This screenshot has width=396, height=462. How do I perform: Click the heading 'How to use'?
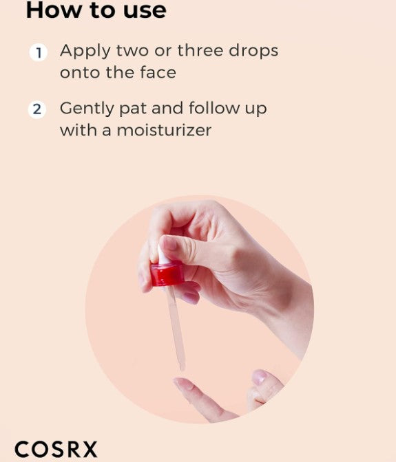96,10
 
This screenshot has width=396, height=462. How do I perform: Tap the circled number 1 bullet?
39,52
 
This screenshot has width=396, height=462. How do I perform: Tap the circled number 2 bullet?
37,109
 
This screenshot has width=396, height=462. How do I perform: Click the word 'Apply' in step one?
85,51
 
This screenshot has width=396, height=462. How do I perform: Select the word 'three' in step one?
200,50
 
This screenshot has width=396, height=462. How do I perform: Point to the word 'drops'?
253,51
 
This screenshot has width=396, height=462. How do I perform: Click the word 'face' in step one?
158,72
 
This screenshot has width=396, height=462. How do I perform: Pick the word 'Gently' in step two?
87,109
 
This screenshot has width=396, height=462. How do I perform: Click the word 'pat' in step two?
132,109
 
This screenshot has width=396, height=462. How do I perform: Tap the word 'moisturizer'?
164,130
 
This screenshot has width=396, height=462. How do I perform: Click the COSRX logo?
56,450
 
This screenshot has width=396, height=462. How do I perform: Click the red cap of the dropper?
167,274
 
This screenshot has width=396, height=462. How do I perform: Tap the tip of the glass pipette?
183,368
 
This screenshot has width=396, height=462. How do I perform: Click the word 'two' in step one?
132,51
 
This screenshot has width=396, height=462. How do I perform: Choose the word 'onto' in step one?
80,73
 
